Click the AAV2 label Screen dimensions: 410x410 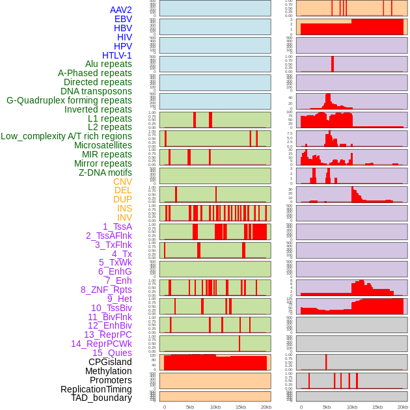coord(120,10)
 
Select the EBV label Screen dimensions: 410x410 coord(123,19)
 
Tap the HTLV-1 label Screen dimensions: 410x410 coord(116,55)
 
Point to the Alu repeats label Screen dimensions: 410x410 coord(108,64)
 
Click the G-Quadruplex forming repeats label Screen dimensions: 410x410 coord(69,100)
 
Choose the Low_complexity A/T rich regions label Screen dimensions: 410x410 coord(66,136)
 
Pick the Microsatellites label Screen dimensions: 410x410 coord(103,145)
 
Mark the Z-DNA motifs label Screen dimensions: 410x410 coord(105,172)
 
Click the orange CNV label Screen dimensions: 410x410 coord(122,182)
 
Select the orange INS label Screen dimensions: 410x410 coord(124,208)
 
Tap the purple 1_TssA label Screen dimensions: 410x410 coord(117,226)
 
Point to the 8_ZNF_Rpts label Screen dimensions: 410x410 coord(106,290)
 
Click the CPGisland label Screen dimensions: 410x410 coord(110,362)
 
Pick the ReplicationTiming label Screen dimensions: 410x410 coord(96,389)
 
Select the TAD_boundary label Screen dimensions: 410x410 coord(102,398)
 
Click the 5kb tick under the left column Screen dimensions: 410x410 coord(190,407)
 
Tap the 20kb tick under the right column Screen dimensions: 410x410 coord(403,407)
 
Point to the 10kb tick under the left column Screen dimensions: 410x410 coord(215,407)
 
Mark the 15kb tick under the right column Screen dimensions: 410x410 coord(377,407)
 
